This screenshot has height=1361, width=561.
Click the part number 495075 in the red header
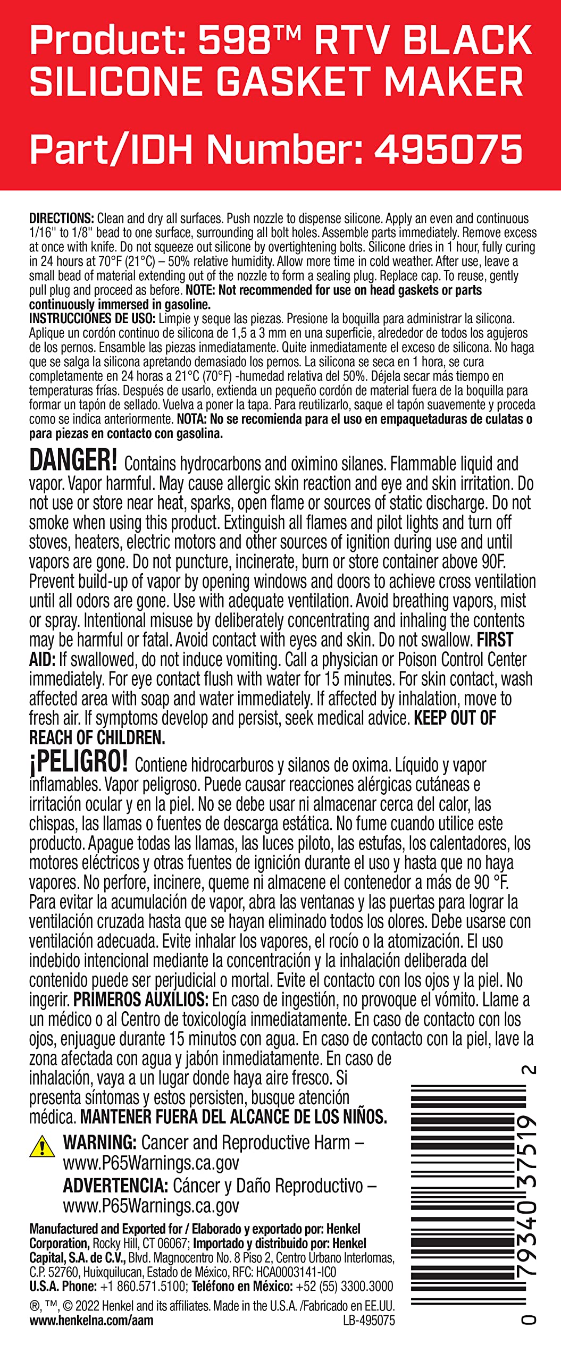[448, 149]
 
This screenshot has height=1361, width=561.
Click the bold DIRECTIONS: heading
[62, 219]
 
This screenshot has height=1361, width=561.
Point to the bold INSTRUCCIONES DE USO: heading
[92, 319]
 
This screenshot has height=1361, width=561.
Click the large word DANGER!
[73, 460]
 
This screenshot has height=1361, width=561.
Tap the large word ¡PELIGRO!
[78, 762]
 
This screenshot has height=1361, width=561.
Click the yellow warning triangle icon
[41, 1146]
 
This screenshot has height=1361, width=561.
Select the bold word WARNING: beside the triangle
[100, 1142]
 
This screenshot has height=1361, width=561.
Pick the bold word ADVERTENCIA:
[115, 1186]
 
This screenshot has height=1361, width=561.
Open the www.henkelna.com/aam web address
[91, 1320]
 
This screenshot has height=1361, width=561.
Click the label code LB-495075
[369, 1321]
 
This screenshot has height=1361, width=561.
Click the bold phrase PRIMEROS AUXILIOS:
[141, 999]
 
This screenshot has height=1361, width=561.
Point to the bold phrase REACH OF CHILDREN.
[97, 738]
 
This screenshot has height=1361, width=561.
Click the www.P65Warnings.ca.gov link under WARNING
[151, 1163]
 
